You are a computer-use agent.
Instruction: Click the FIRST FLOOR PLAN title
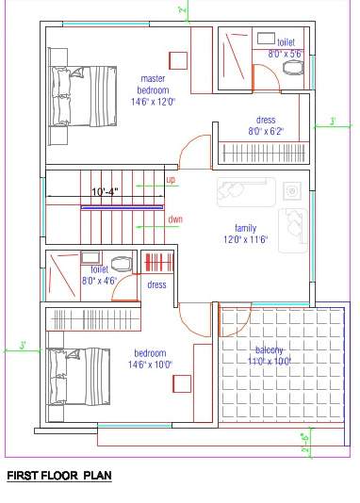pos(59,477)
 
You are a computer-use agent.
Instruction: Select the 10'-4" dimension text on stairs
pos(105,192)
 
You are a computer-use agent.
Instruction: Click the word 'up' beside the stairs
pos(171,179)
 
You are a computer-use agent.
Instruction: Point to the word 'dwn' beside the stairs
pos(174,219)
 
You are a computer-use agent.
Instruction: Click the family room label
pos(245,234)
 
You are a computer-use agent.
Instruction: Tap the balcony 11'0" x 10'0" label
pos(269,354)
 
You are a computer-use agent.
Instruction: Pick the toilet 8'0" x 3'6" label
pos(285,48)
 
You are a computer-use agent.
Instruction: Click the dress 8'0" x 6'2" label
pos(265,126)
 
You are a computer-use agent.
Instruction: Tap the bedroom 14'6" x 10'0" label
pos(150,359)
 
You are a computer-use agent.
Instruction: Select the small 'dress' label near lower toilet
pos(156,284)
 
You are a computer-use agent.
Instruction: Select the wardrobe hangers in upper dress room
pos(264,152)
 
